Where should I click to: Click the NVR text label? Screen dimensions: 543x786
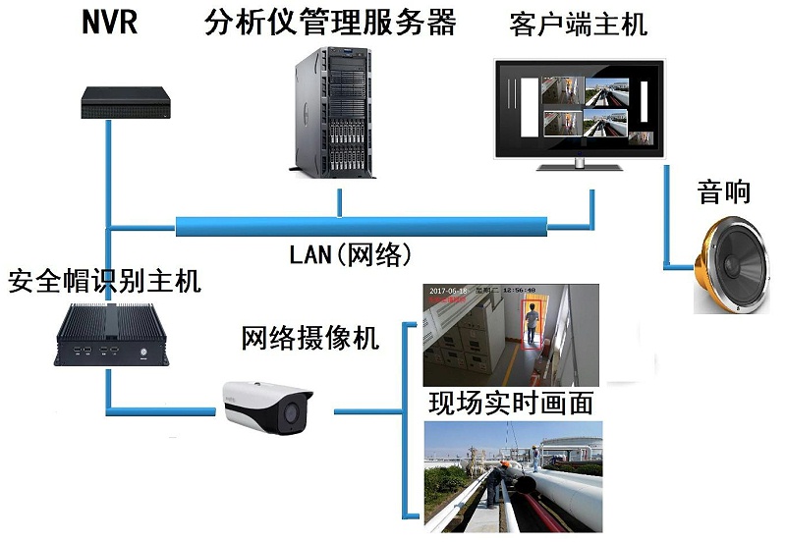109,23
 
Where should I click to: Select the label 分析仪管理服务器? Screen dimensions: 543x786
331,23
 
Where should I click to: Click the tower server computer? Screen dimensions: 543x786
334,116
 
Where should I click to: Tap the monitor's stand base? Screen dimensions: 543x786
581,165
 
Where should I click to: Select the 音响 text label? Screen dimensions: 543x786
724,190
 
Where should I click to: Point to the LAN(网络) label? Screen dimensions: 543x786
349,254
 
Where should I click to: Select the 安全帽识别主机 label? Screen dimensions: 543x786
104,283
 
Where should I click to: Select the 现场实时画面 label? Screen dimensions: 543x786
511,403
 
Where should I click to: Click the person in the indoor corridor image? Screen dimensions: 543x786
532,325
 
